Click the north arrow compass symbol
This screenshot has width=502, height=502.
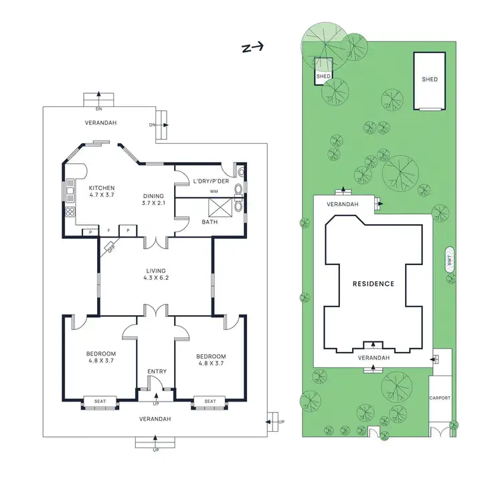[x=254, y=47]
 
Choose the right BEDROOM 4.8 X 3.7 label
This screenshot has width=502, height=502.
[x=211, y=360]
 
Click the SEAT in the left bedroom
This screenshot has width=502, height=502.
[x=100, y=401]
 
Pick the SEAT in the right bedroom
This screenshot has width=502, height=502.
[x=210, y=401]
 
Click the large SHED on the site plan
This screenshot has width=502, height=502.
[x=429, y=80]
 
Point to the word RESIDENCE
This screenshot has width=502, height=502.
[x=373, y=284]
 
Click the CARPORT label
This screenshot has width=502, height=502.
[x=440, y=398]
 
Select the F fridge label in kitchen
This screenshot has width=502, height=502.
[x=109, y=231]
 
